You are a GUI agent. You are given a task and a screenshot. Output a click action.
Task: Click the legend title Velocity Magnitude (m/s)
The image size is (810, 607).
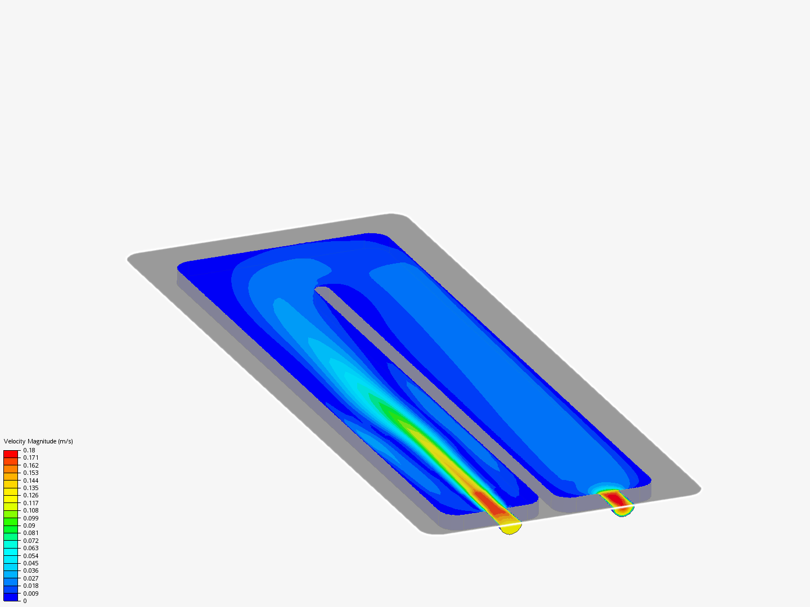(x=38, y=441)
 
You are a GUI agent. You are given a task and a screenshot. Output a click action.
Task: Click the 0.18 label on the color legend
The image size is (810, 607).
(x=29, y=450)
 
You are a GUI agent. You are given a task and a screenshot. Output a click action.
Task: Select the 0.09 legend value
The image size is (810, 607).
(x=29, y=526)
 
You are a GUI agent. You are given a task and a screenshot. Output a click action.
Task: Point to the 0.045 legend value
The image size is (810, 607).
(x=31, y=563)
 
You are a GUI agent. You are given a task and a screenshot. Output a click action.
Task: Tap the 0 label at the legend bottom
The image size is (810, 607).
(x=25, y=601)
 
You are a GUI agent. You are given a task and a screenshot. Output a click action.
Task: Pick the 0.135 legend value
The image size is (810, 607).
(x=31, y=488)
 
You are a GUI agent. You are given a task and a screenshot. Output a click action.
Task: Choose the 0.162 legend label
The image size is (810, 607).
(x=31, y=465)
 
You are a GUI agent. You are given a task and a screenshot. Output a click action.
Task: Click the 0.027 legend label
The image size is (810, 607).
(x=31, y=578)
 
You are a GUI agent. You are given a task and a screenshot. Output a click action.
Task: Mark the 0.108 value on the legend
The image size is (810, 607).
(x=31, y=510)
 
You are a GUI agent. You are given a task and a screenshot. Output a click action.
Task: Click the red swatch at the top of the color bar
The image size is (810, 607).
(x=11, y=454)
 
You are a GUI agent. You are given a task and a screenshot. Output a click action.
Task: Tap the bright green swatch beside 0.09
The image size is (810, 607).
(x=11, y=526)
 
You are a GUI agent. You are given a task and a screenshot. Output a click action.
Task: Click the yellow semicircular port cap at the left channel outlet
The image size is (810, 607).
(x=511, y=528)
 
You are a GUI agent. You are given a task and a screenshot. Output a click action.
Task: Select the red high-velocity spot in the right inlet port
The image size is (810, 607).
(x=616, y=499)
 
